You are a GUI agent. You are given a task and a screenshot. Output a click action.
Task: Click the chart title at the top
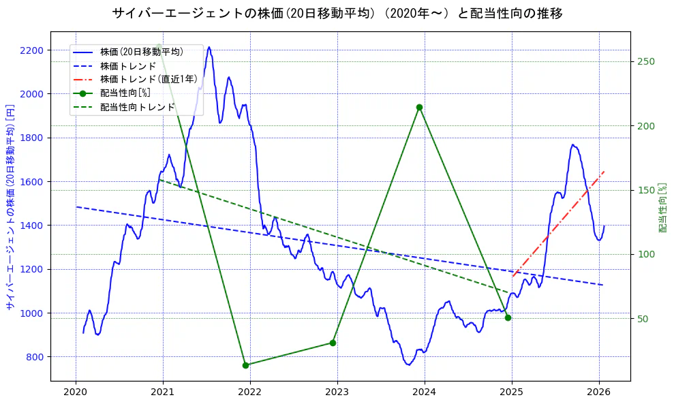(337, 13)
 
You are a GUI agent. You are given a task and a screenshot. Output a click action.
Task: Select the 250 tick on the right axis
(645, 62)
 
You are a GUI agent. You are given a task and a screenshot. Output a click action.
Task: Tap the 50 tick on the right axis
(643, 319)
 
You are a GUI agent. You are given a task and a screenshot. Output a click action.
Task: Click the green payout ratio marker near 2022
(245, 365)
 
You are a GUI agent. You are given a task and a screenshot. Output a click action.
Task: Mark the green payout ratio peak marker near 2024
(419, 107)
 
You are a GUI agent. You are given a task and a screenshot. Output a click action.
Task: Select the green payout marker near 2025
(508, 317)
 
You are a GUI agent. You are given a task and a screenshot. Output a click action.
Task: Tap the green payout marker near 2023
(333, 343)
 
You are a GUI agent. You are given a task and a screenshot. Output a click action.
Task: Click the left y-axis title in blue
(10, 207)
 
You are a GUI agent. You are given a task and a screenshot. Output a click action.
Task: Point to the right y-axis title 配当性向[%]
(662, 207)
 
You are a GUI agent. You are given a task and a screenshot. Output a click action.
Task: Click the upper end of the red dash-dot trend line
(604, 172)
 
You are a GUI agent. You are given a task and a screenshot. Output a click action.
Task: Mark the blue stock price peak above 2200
(209, 48)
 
